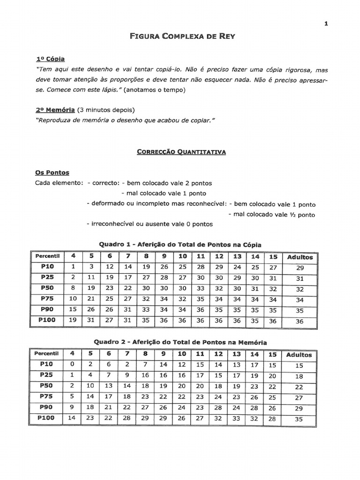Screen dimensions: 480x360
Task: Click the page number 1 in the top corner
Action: click(x=325, y=25)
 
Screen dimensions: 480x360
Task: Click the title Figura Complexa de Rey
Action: click(x=180, y=36)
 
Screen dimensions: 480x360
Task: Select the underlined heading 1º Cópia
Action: click(x=50, y=59)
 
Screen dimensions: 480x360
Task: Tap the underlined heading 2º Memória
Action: click(x=55, y=110)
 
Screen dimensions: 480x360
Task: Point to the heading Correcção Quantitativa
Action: click(x=181, y=152)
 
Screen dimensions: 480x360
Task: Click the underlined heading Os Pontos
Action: click(x=52, y=172)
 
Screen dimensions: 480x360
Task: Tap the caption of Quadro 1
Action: click(x=180, y=245)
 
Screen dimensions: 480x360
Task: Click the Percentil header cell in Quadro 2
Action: click(x=46, y=354)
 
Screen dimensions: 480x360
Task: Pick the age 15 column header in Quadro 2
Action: click(x=272, y=354)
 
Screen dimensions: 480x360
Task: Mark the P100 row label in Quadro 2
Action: click(x=46, y=418)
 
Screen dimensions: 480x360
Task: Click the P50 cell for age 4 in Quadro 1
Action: click(x=73, y=288)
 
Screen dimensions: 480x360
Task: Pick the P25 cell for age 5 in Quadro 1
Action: click(x=91, y=277)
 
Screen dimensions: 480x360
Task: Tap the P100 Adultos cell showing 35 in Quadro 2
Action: click(x=299, y=420)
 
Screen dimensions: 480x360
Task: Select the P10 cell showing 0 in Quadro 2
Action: click(x=72, y=364)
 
